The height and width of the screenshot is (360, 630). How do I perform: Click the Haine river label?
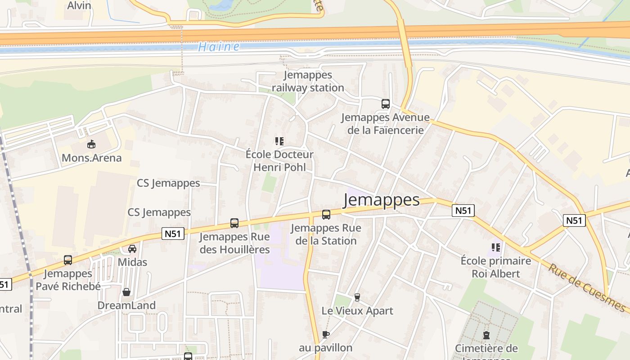(219, 46)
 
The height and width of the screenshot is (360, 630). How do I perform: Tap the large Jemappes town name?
(381, 200)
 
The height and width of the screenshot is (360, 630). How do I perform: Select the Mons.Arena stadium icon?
(91, 144)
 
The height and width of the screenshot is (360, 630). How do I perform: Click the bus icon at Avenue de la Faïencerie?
(386, 104)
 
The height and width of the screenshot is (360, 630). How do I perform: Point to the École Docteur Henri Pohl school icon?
(279, 141)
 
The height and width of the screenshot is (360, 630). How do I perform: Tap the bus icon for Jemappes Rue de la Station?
(326, 215)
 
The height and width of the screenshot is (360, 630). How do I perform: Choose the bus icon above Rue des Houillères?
(234, 223)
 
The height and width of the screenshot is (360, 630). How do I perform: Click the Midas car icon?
(132, 248)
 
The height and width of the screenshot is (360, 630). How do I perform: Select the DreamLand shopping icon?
(126, 292)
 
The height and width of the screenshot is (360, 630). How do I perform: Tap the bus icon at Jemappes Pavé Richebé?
(68, 260)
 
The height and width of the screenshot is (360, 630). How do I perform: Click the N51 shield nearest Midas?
(173, 234)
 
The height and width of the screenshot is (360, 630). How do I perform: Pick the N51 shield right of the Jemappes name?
(463, 210)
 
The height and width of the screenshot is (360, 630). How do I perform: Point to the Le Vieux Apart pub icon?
(357, 297)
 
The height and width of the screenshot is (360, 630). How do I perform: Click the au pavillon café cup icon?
(326, 334)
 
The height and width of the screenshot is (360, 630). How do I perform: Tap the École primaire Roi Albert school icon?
(496, 247)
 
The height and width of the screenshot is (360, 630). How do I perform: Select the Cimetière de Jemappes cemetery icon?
(486, 335)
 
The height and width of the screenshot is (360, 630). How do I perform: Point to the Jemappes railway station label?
(308, 81)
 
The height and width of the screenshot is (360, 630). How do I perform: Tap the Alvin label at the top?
(79, 5)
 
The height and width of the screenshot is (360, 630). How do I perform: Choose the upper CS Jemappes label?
(168, 183)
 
